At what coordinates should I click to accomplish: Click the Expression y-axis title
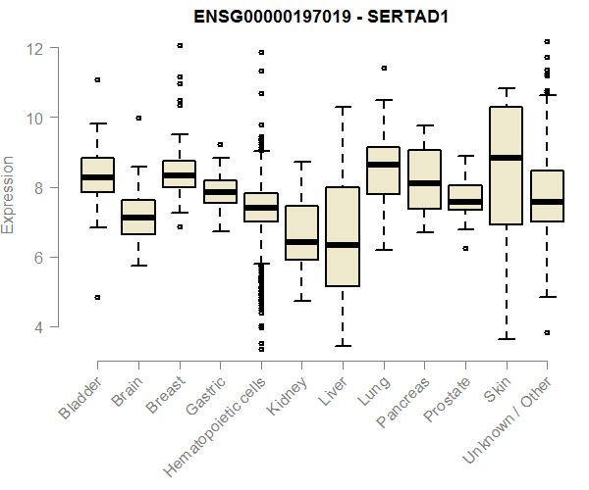tap(9, 194)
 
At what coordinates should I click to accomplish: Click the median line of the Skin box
tap(506, 157)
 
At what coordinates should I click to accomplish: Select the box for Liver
tap(343, 235)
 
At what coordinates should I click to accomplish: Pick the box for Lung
tap(383, 171)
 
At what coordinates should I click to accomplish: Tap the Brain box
tap(138, 217)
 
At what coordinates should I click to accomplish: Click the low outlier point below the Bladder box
tap(97, 297)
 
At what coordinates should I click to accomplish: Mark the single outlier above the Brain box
tap(138, 118)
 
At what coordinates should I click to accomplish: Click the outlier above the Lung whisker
tap(383, 69)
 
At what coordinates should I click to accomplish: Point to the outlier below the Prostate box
tap(465, 249)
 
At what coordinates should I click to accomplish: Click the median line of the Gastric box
tap(220, 191)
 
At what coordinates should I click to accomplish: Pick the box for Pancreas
tap(424, 179)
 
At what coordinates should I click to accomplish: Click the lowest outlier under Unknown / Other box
tap(547, 333)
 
